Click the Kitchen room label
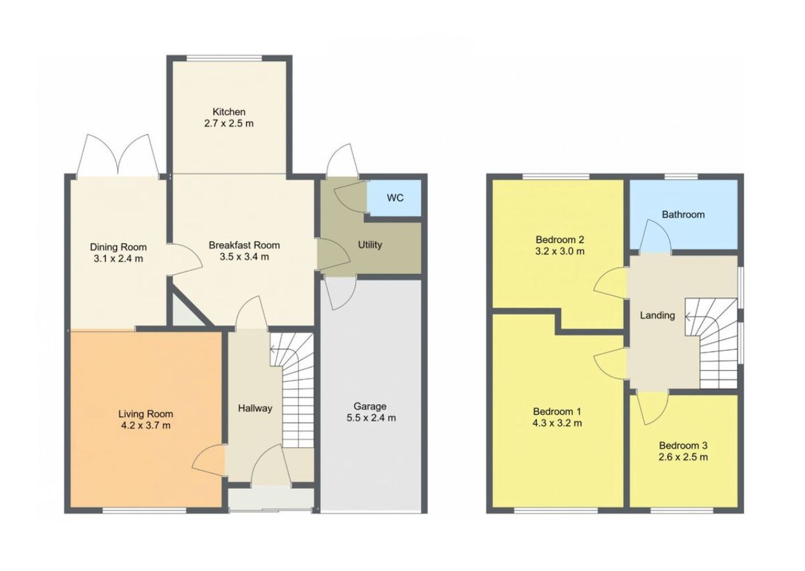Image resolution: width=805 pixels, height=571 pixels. [x=229, y=112]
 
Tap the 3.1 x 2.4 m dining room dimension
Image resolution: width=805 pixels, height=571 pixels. [x=118, y=259]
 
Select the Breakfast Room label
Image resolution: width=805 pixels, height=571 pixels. [x=245, y=245]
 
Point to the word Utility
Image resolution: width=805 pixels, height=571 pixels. [x=370, y=245]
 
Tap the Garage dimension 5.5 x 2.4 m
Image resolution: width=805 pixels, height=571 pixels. [x=371, y=418]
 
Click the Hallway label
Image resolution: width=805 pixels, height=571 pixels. [x=255, y=408]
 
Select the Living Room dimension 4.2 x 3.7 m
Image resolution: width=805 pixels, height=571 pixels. [x=146, y=426]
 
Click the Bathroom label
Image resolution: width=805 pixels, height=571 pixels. [x=683, y=215]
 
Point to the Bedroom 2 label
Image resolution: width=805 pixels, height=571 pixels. [x=560, y=240]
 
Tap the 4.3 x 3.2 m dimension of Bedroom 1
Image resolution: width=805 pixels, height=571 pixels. [x=557, y=423]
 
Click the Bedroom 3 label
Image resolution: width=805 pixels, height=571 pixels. [x=683, y=446]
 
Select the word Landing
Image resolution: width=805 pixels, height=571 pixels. [x=657, y=315]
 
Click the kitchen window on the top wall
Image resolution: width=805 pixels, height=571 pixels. [x=225, y=58]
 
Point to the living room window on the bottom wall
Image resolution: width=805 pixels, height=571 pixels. [x=145, y=510]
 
